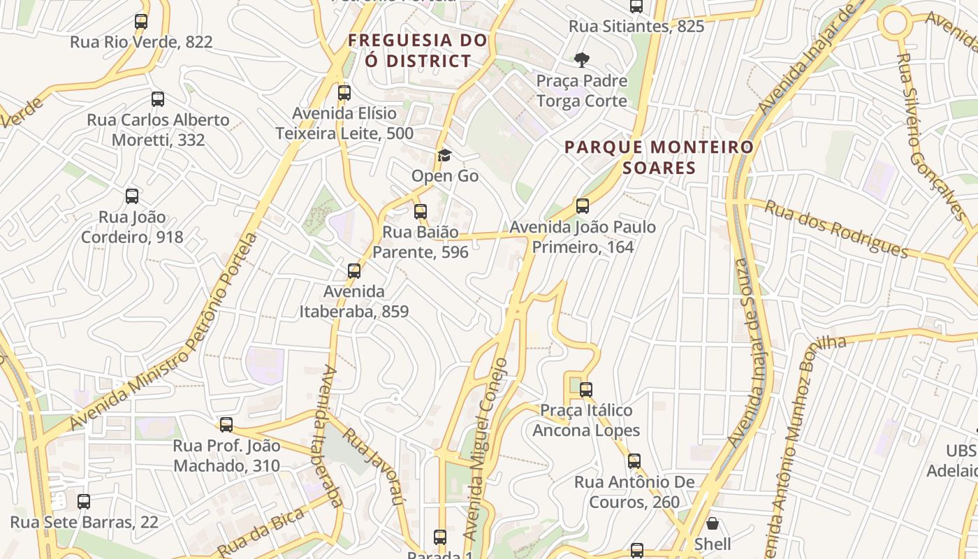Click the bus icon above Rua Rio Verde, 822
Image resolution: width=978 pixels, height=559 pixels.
pyautogui.click(x=141, y=22)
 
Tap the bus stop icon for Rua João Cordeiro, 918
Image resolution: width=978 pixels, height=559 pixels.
pyautogui.click(x=132, y=196)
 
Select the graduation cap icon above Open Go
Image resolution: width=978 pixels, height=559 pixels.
pyautogui.click(x=444, y=155)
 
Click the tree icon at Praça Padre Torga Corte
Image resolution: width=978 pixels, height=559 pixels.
pyautogui.click(x=581, y=60)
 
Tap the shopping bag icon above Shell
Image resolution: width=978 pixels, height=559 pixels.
pyautogui.click(x=713, y=523)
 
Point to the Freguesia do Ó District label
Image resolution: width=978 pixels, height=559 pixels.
pyautogui.click(x=418, y=50)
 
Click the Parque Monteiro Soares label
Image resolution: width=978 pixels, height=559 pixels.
pyautogui.click(x=659, y=157)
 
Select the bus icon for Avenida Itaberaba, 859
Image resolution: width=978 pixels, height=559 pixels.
pyautogui.click(x=354, y=270)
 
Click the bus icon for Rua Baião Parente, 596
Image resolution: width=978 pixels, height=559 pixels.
pyautogui.click(x=421, y=211)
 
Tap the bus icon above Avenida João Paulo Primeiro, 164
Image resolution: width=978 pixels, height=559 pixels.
pyautogui.click(x=583, y=206)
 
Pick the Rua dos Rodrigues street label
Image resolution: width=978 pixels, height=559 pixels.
pyautogui.click(x=835, y=229)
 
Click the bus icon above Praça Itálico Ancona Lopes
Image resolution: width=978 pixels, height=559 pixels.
pyautogui.click(x=586, y=390)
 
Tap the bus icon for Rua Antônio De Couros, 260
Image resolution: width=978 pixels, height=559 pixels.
pyautogui.click(x=634, y=461)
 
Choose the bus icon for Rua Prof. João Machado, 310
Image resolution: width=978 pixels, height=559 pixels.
pyautogui.click(x=226, y=425)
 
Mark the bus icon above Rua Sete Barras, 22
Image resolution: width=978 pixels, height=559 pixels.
pyautogui.click(x=84, y=502)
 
